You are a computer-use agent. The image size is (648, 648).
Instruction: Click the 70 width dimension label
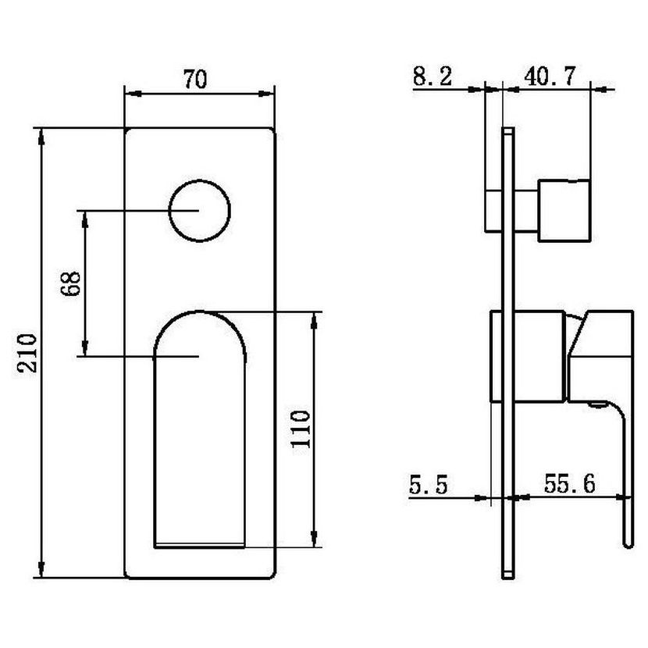click(x=195, y=80)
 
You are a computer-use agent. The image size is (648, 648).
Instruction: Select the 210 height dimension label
click(x=27, y=353)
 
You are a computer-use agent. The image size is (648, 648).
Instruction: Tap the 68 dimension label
click(x=70, y=283)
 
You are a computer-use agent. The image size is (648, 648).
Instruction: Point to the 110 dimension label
click(x=300, y=429)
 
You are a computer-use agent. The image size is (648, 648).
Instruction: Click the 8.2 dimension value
click(x=433, y=76)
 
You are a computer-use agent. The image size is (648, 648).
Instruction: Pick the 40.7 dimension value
click(x=550, y=76)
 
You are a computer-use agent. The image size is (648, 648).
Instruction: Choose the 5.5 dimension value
click(x=428, y=484)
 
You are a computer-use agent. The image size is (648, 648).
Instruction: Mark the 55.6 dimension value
click(x=569, y=483)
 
